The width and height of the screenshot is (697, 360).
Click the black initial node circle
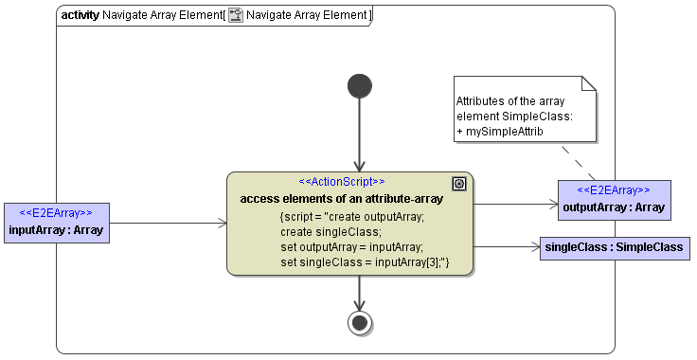click(x=359, y=87)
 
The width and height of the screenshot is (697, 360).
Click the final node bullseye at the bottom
click(x=359, y=322)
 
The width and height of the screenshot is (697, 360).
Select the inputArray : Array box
click(x=56, y=223)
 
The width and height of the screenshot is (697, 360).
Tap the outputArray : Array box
click(x=614, y=200)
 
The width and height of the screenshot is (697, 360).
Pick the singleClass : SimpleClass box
click(x=614, y=247)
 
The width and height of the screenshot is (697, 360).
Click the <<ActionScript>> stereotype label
click(x=342, y=181)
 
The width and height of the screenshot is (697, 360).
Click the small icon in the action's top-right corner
click(x=459, y=184)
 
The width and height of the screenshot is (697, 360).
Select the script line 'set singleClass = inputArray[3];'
click(x=365, y=261)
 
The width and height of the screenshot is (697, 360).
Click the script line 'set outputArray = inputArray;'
click(x=351, y=246)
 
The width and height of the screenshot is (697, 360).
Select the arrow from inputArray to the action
click(x=169, y=224)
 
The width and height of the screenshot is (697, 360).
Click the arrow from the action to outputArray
click(x=516, y=204)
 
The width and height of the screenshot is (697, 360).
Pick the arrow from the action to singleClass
click(x=507, y=247)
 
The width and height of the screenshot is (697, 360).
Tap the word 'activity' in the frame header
click(x=80, y=15)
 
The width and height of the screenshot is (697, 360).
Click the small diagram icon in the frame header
click(x=236, y=15)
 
